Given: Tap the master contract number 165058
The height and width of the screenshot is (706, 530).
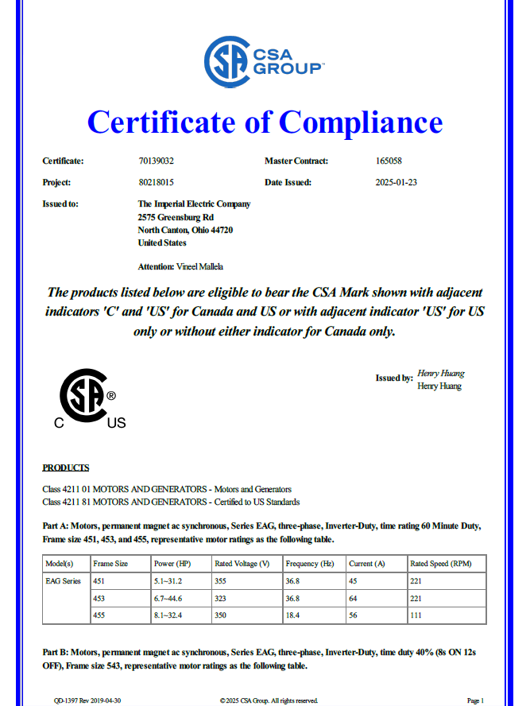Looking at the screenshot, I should pos(389,161).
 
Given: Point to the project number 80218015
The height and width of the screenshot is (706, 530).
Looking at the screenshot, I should pos(155,182).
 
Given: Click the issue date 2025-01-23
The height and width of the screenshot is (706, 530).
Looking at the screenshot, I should pos(396,182).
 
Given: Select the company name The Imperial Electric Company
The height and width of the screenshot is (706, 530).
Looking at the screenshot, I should pos(194,204).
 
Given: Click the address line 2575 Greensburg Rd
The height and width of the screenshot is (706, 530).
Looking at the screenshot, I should pos(175,216).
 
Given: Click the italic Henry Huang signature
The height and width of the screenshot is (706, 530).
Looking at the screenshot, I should pos(440,373).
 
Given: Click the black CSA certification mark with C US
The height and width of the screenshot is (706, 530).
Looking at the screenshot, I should pos(88,400).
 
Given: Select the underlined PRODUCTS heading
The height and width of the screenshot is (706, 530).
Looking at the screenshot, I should pos(65,467).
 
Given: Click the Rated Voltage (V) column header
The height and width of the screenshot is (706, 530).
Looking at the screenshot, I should pos(242,564).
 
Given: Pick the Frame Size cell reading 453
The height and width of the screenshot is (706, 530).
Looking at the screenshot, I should pos(100,598).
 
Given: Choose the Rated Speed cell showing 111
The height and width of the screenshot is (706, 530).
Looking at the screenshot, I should pos(417,615).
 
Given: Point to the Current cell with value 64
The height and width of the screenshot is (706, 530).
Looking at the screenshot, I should pos(354,598).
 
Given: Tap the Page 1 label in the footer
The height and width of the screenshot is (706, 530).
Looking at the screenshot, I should pos(475,700).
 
